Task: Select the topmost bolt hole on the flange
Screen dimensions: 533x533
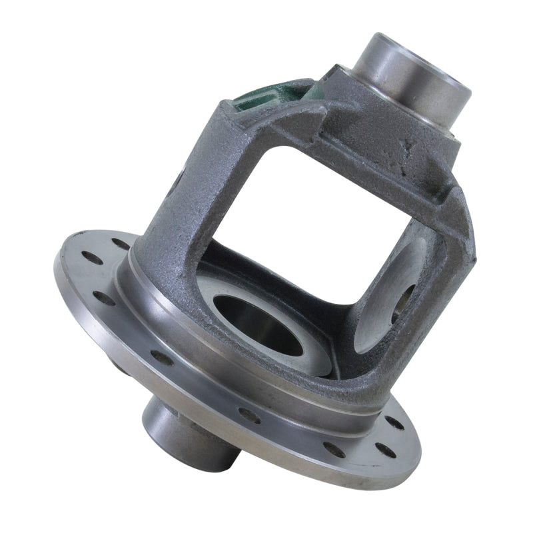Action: (121, 243)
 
